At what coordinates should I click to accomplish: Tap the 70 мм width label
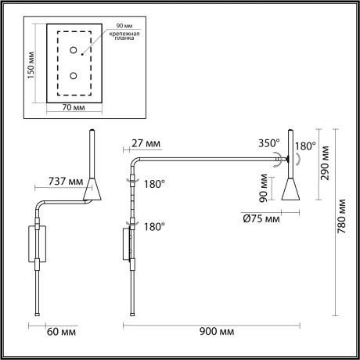[73, 107]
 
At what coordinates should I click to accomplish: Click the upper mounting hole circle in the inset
[74, 51]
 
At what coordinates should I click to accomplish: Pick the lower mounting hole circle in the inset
[74, 76]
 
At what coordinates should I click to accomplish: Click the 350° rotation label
[268, 144]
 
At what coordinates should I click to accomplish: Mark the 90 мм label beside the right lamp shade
[265, 188]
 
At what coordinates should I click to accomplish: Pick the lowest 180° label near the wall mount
[154, 226]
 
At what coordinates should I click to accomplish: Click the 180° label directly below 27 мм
[154, 185]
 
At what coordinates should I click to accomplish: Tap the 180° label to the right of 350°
[305, 146]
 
